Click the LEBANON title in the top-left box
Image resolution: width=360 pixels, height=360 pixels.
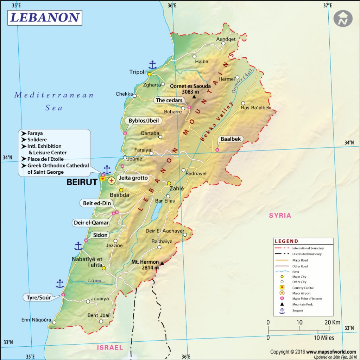(x=45, y=18)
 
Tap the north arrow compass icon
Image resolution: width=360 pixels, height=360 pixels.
(x=343, y=19)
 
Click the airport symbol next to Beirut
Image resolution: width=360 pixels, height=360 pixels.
(x=112, y=181)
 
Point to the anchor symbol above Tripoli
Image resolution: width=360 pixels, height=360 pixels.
(x=152, y=65)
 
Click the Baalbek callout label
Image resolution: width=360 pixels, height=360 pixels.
(x=231, y=139)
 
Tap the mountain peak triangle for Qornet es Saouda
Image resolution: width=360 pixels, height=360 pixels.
(x=194, y=97)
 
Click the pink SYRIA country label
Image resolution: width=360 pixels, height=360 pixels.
(x=280, y=216)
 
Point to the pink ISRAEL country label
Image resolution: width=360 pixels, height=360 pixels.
(x=110, y=348)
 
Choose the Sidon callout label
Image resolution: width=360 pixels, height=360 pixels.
(x=100, y=235)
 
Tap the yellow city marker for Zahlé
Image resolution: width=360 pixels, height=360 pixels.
(x=169, y=183)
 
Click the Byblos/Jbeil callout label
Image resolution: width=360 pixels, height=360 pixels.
(x=144, y=121)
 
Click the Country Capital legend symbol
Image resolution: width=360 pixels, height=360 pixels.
(x=282, y=288)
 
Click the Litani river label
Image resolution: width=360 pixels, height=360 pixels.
(x=95, y=280)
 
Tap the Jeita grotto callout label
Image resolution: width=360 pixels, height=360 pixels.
(x=133, y=178)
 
